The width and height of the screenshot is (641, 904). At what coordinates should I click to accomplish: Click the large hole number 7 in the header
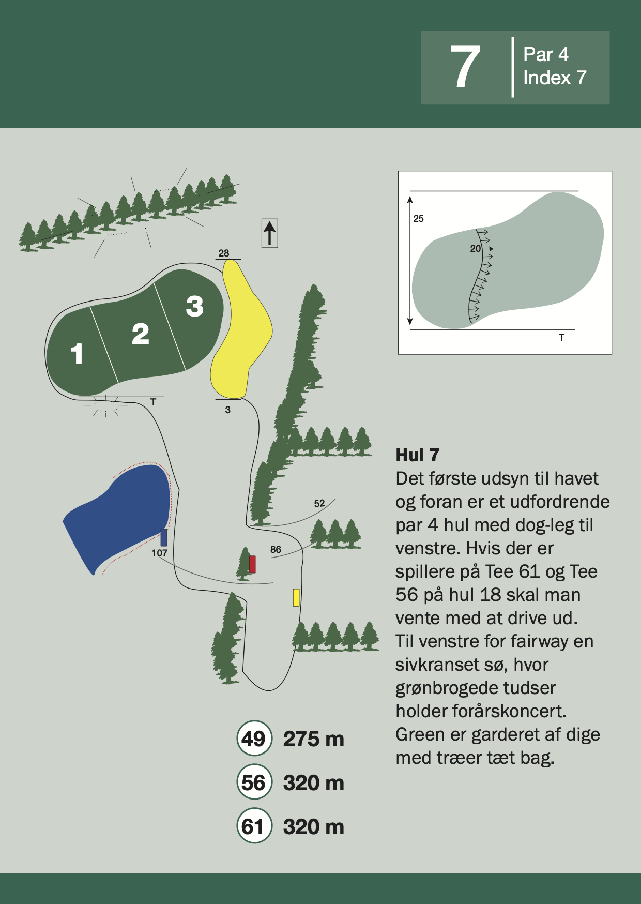point(465,66)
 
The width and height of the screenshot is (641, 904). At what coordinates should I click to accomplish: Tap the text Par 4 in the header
point(545,54)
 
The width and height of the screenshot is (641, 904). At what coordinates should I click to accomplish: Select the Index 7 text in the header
point(555,78)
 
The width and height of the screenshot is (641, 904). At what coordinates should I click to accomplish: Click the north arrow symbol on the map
point(269,233)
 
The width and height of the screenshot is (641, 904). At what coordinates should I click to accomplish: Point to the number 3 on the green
point(195,306)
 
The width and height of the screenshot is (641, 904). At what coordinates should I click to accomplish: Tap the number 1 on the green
point(77,354)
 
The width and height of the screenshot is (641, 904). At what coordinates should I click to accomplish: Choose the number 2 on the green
point(141,334)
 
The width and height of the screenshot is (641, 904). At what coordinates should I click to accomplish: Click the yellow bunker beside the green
point(240,329)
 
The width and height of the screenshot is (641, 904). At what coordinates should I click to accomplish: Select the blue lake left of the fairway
point(119,515)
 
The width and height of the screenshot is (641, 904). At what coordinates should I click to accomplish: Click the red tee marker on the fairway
point(252,564)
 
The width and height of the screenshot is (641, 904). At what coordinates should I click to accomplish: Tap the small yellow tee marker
point(296,597)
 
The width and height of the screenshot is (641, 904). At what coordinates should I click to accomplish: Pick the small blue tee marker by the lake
point(164,537)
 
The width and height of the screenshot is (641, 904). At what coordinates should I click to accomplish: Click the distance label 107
point(159,553)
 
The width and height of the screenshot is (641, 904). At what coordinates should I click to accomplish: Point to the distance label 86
point(276,549)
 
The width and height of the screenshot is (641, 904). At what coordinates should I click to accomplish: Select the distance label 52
point(319,503)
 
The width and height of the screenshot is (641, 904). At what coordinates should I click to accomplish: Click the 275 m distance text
point(313,739)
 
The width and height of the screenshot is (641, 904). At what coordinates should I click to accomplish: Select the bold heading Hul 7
point(417,455)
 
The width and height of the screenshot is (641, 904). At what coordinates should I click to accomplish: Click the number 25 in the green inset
point(418,219)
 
